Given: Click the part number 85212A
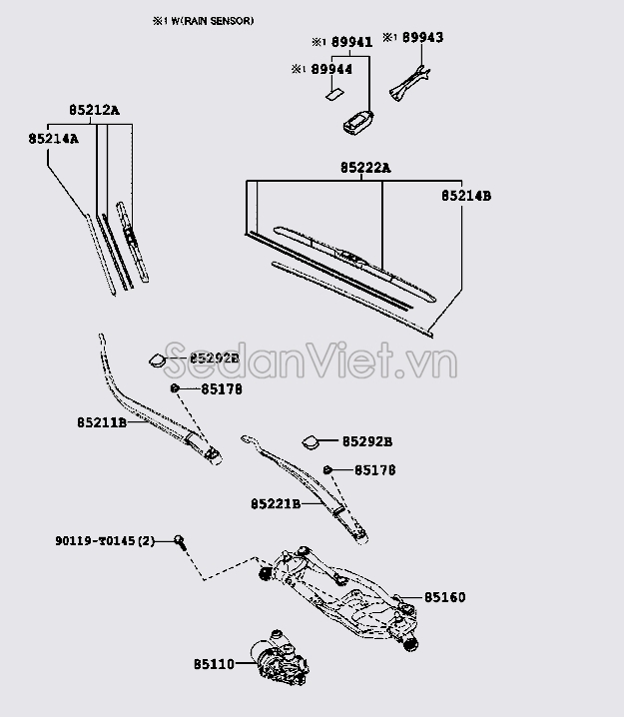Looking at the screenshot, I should [x=94, y=111].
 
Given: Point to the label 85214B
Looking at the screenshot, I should [x=466, y=197].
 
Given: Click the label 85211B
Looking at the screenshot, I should [x=102, y=423].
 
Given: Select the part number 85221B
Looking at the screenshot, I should [x=276, y=504].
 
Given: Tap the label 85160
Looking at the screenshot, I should [x=444, y=598].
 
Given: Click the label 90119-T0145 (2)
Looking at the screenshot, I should [x=105, y=541].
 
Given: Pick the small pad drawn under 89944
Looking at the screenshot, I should [x=332, y=96].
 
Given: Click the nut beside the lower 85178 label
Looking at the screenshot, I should [x=327, y=469].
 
